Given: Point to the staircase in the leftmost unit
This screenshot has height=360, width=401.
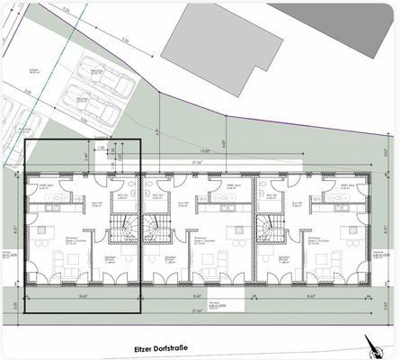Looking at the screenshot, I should point(121,229).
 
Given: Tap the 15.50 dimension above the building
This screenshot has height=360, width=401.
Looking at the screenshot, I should point(205,151).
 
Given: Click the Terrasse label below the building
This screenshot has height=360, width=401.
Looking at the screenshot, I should point(216,304).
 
